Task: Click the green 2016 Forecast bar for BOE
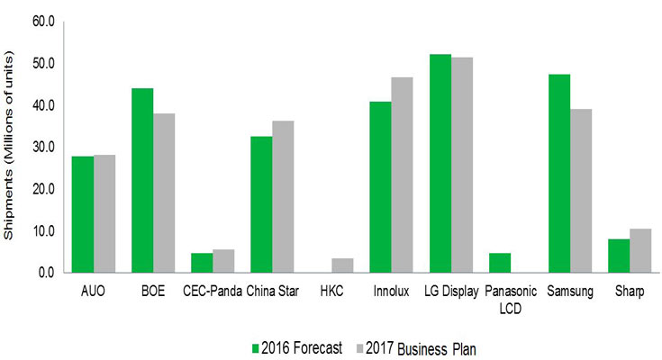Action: [x=142, y=180]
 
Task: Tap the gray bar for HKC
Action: [x=341, y=265]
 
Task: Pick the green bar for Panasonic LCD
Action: [x=500, y=263]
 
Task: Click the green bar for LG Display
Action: [x=440, y=163]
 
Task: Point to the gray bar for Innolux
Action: [x=401, y=175]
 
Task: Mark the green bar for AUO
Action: [x=83, y=214]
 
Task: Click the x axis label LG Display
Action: [x=450, y=292]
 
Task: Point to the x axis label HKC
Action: [x=332, y=292]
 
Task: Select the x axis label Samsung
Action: [x=569, y=292]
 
